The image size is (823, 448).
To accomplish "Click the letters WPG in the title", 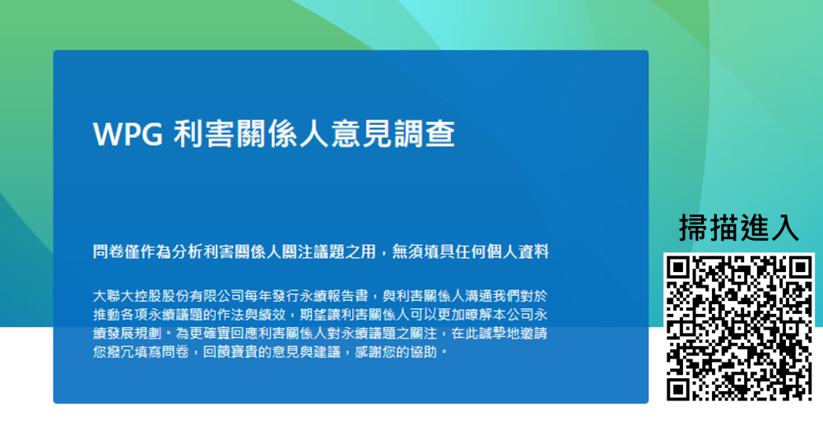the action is tap(128, 134).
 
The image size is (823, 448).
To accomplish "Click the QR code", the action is tap(739, 328).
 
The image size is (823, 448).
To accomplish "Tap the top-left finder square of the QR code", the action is tap(679, 268).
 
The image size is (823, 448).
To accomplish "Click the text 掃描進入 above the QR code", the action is tap(739, 228).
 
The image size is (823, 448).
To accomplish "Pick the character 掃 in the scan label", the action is tap(694, 228).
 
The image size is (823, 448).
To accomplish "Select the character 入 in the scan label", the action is tap(784, 228).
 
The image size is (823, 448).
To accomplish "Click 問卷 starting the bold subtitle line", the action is tap(109, 252).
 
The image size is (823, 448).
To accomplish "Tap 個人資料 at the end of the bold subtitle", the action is tap(517, 252).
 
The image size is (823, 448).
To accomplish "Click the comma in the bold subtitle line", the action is tap(384, 255).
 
